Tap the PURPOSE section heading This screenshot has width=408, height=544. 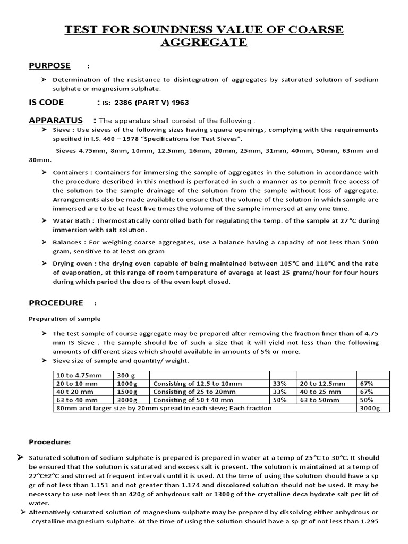pos(49,65)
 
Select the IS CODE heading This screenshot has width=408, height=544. pos(46,102)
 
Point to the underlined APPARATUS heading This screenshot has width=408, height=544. pos(56,120)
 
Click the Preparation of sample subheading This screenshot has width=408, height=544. pos(64,319)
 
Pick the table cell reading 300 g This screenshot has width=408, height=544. pos(124,376)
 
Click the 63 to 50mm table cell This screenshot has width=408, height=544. pos(321,399)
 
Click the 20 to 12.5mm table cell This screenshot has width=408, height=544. pos(322,384)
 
